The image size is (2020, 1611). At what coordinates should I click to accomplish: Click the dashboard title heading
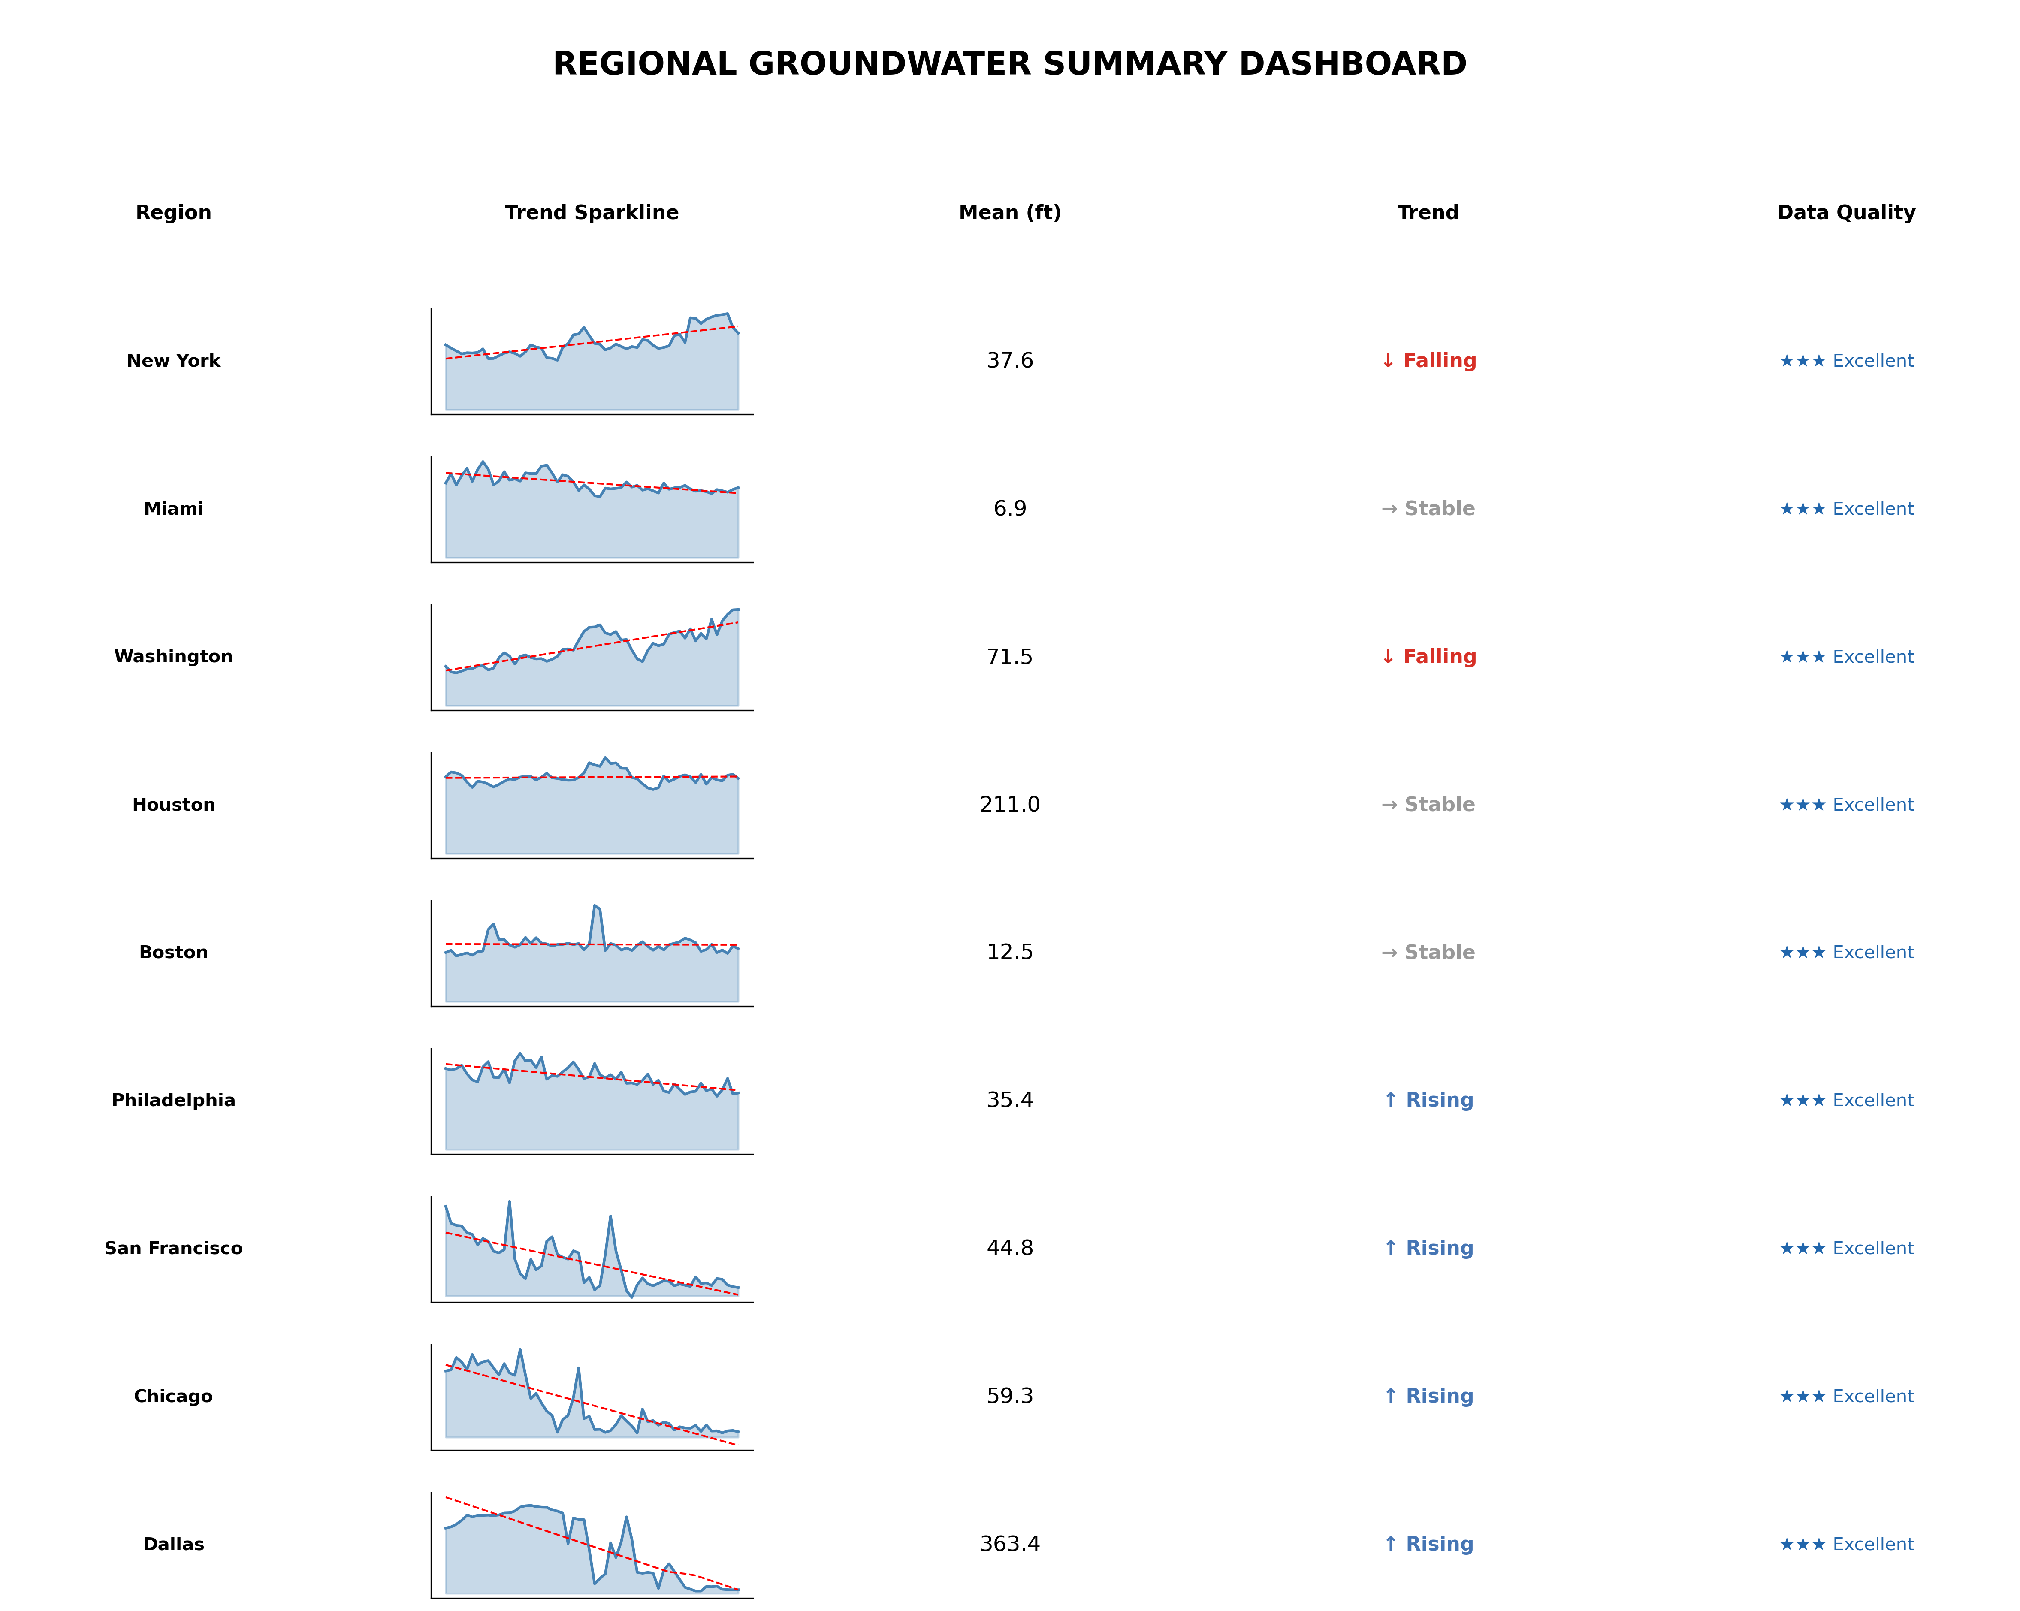pos(1009,63)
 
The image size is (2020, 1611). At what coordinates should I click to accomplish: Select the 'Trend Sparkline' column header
pos(591,213)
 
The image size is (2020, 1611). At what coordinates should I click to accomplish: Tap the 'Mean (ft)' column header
pos(1009,213)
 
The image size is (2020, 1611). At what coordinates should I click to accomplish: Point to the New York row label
pos(173,361)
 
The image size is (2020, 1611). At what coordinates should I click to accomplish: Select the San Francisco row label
pos(173,1248)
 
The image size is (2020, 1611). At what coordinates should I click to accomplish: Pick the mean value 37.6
pos(1009,361)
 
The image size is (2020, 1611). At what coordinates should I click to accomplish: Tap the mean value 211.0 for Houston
pos(1009,805)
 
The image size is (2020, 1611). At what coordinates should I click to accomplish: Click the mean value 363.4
pos(1009,1544)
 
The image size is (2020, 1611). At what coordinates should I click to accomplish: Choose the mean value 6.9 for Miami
pos(1009,509)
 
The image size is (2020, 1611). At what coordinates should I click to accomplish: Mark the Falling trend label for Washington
pos(1428,657)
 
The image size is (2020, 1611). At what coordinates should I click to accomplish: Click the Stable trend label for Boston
pos(1428,953)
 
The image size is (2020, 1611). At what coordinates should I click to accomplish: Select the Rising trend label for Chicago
pos(1428,1396)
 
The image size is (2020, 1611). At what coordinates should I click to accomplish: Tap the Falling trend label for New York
pos(1428,361)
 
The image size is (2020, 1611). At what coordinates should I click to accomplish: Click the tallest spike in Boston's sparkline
pos(595,907)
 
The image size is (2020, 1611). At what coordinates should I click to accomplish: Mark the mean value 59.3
pos(1009,1396)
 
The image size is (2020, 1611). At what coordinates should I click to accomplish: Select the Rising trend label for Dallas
pos(1428,1544)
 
